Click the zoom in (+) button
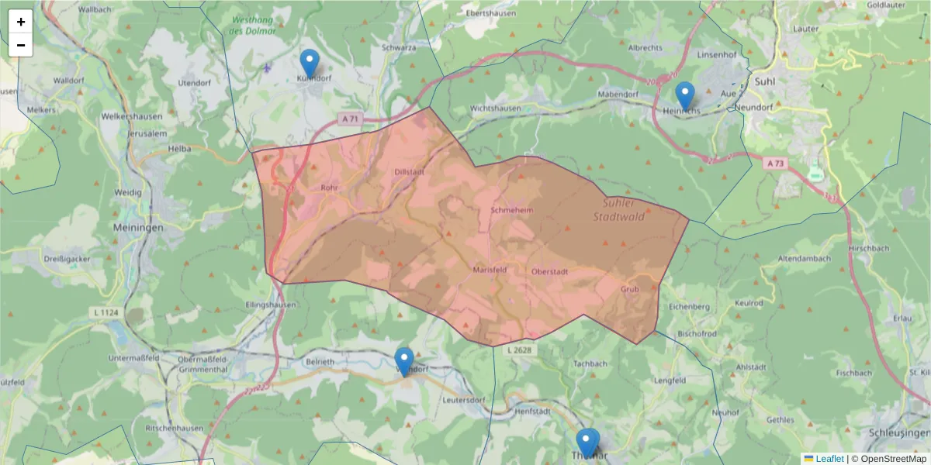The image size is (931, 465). [x=21, y=22]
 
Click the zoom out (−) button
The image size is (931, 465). [x=21, y=45]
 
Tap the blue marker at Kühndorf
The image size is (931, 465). [x=310, y=63]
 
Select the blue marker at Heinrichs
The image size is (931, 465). [x=684, y=95]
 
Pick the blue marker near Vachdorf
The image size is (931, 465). [x=404, y=361]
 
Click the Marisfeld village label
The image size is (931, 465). [x=490, y=270]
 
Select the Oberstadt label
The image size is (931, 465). [x=550, y=271]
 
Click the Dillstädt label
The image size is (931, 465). [x=410, y=172]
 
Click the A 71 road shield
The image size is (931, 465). [x=350, y=119]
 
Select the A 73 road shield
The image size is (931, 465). [x=775, y=164]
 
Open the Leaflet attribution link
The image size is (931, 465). [x=829, y=459]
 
